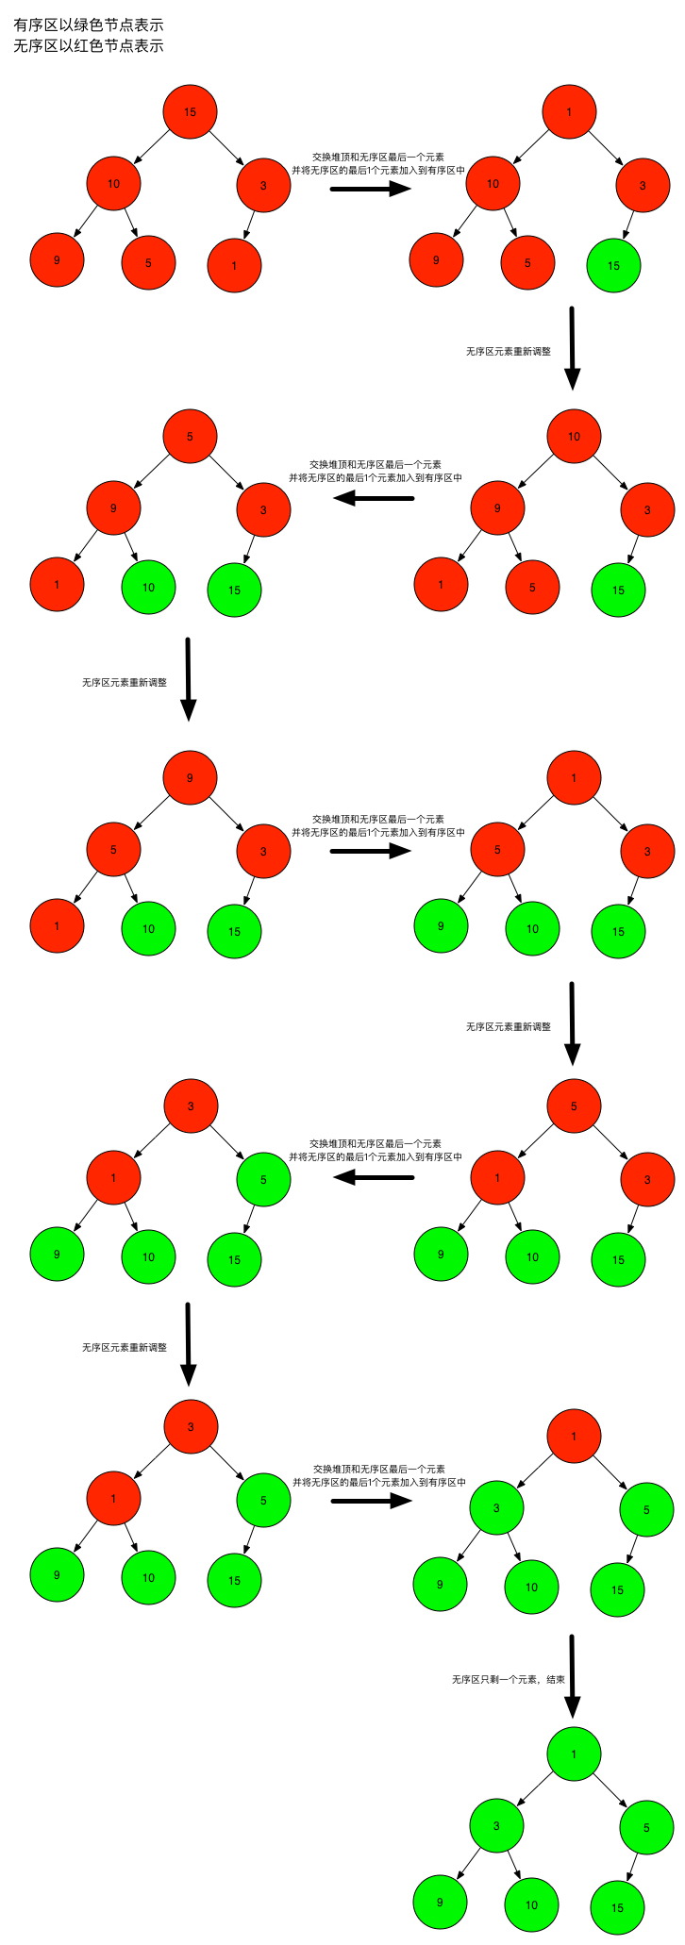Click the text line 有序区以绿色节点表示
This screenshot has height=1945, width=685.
89,25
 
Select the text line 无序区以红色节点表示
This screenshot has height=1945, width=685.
89,45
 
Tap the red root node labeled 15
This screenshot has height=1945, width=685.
190,111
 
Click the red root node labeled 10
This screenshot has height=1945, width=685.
574,436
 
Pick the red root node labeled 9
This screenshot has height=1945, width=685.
190,777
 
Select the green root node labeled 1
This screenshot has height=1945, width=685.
574,1754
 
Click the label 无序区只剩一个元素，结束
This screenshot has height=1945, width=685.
508,1680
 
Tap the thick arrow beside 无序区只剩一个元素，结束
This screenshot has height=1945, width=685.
572,1676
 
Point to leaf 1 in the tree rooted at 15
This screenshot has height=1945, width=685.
234,265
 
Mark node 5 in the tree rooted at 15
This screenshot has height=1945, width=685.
148,262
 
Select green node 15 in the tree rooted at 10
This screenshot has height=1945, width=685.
618,590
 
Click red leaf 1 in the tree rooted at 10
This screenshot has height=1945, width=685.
441,584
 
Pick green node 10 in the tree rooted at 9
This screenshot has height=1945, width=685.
148,928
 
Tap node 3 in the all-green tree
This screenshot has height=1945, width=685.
496,1826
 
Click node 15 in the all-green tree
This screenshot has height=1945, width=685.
617,1907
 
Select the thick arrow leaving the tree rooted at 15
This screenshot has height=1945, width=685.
371,189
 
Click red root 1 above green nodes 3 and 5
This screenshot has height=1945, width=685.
574,1437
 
